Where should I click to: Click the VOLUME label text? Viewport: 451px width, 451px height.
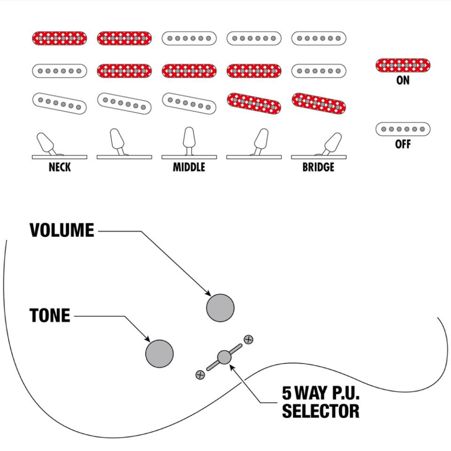[x=62, y=230]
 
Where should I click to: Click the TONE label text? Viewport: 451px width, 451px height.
[x=50, y=316]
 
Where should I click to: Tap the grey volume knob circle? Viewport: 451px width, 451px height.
[x=220, y=308]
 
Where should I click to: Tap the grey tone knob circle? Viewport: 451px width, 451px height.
[x=160, y=353]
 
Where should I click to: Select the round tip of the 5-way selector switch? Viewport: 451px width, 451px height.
[x=225, y=357]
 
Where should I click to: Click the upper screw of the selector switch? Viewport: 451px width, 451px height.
[x=249, y=339]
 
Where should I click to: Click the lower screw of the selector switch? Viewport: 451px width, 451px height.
[x=200, y=374]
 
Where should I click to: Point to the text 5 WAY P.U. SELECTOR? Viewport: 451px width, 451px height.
[x=321, y=402]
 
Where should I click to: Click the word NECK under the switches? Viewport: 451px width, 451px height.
[x=60, y=167]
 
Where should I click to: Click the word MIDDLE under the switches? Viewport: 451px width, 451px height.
[x=189, y=167]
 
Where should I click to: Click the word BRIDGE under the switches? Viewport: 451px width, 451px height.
[x=319, y=167]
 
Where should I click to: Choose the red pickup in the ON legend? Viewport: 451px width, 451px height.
[x=403, y=65]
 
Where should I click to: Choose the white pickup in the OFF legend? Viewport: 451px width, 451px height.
[x=403, y=129]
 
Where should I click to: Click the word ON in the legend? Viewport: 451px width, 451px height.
[x=403, y=80]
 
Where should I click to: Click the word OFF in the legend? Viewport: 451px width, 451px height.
[x=403, y=144]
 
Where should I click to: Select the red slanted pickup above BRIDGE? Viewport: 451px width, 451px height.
[x=319, y=103]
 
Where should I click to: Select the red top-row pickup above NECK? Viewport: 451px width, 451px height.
[x=60, y=38]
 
